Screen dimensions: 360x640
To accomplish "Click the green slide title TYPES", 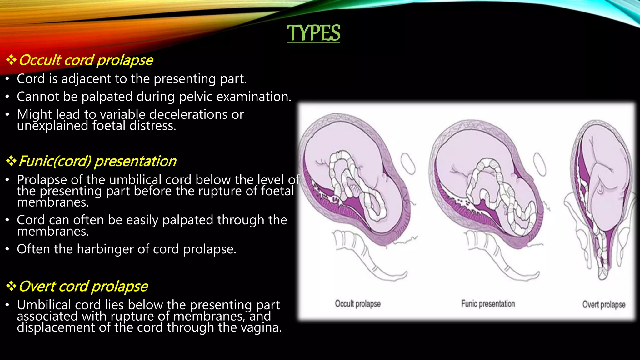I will point(313,33).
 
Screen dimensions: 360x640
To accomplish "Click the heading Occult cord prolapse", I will point(86,60).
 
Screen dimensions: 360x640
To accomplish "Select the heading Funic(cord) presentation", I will point(97,161).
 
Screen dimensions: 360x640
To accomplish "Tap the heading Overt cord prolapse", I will point(83,286).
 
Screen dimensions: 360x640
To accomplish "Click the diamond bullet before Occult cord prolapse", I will point(11,60).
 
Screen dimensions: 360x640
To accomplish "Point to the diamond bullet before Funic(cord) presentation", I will point(11,161).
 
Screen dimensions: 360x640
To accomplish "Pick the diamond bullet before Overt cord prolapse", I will point(11,286).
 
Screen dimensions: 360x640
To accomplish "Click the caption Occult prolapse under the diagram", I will point(358,304).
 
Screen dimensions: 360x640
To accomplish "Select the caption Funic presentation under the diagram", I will point(488,304).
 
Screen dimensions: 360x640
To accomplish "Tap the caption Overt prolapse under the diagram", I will point(604,305).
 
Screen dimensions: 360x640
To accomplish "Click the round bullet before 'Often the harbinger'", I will point(7,249).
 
